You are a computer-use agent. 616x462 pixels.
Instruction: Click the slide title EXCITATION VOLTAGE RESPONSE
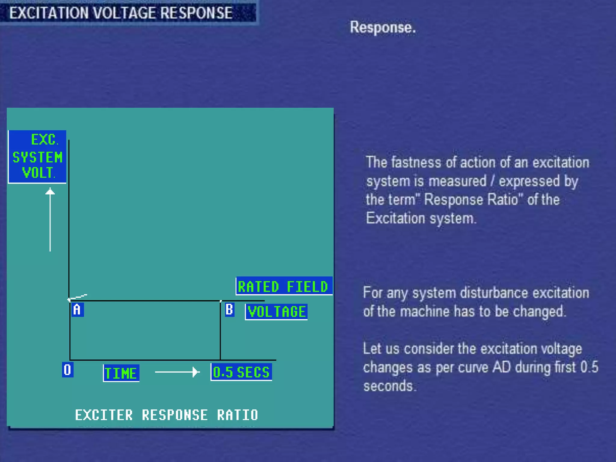pyautogui.click(x=121, y=13)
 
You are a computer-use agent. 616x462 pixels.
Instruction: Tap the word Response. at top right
pyautogui.click(x=383, y=28)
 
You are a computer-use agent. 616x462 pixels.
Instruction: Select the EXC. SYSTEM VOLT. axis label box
pyautogui.click(x=37, y=157)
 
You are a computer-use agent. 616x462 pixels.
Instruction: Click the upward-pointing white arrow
pyautogui.click(x=50, y=220)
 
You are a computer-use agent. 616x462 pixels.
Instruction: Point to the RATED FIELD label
pyautogui.click(x=284, y=286)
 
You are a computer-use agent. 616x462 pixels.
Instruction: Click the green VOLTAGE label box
pyautogui.click(x=276, y=312)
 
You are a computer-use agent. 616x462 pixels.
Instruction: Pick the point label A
pyautogui.click(x=77, y=310)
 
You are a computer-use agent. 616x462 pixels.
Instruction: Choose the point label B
pyautogui.click(x=229, y=310)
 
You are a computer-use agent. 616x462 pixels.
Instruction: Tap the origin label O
pyautogui.click(x=67, y=370)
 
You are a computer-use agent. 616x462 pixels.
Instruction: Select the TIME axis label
pyautogui.click(x=121, y=373)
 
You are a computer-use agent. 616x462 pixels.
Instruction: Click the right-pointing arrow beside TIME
pyautogui.click(x=177, y=372)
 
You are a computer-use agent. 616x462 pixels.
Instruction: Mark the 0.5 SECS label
pyautogui.click(x=241, y=372)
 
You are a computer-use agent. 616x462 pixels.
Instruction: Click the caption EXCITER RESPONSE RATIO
pyautogui.click(x=166, y=415)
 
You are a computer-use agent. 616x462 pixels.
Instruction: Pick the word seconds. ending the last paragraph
pyautogui.click(x=390, y=386)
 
